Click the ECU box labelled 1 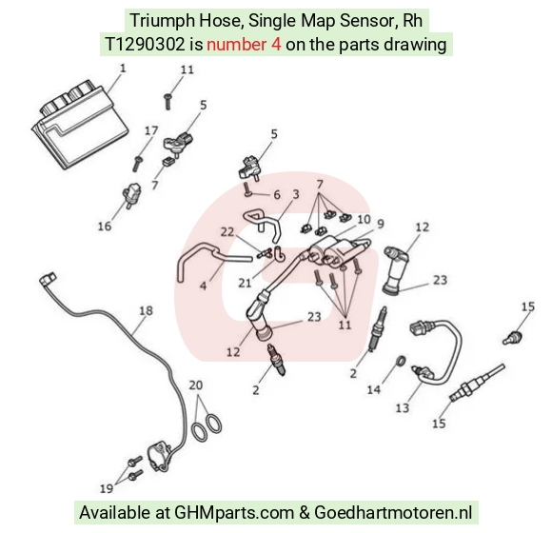click(80, 125)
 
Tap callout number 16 click(104, 226)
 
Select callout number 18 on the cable click(147, 310)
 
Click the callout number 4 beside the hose click(203, 286)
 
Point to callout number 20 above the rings click(196, 385)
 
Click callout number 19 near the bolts click(107, 488)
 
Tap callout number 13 click(402, 407)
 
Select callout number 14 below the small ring click(373, 389)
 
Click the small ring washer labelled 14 click(401, 361)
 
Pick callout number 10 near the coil click(364, 219)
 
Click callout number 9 click(380, 224)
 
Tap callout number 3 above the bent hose click(296, 194)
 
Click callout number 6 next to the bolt click(277, 195)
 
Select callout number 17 click(151, 130)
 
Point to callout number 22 click(227, 232)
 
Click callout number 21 click(245, 283)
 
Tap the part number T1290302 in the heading click(145, 45)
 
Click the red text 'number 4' click(244, 45)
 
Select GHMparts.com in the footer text click(234, 513)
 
